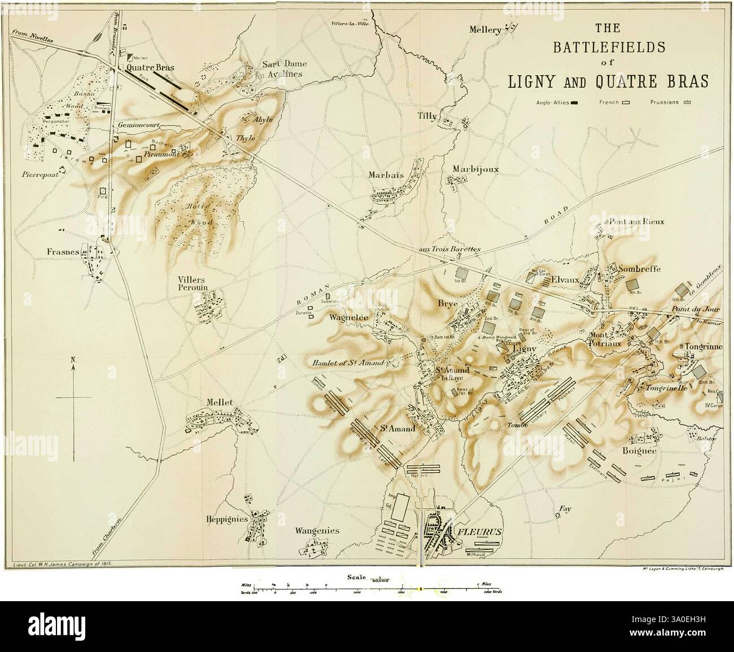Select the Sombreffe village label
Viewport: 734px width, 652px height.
click(x=639, y=269)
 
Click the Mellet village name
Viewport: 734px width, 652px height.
click(x=220, y=402)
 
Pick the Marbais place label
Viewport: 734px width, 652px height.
click(x=386, y=175)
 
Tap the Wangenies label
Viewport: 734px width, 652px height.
click(x=317, y=531)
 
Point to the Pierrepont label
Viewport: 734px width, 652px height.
click(x=40, y=175)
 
